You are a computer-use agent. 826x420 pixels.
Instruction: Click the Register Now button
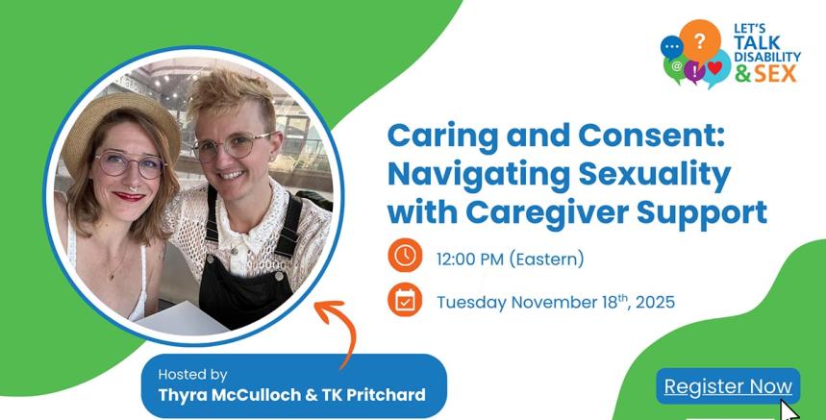[x=728, y=386]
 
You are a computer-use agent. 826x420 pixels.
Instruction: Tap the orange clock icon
[x=405, y=257]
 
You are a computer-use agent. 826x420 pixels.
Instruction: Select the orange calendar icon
[x=405, y=300]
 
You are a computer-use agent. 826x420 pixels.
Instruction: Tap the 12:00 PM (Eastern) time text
[x=510, y=259]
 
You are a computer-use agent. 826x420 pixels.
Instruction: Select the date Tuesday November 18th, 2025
[x=556, y=302]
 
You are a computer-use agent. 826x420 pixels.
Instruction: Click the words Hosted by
[x=192, y=374]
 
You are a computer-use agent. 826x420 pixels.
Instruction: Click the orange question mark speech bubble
[x=700, y=40]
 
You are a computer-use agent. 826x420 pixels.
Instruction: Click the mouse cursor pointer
[x=788, y=410]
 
